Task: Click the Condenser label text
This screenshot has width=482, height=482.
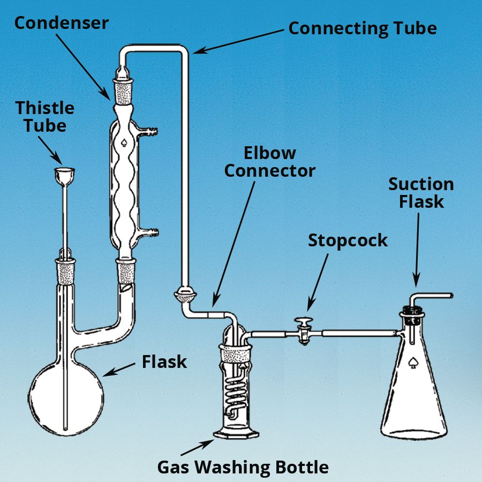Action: pyautogui.click(x=61, y=23)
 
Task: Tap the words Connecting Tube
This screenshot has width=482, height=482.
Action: pyautogui.click(x=363, y=28)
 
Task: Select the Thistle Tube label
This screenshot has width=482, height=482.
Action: pyautogui.click(x=45, y=117)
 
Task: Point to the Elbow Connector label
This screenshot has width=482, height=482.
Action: pyautogui.click(x=269, y=162)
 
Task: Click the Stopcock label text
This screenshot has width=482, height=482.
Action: pyautogui.click(x=348, y=240)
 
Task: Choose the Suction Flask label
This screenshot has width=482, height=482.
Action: pyautogui.click(x=421, y=193)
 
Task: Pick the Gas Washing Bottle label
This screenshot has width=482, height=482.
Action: pyautogui.click(x=243, y=467)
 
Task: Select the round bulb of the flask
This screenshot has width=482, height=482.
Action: pyautogui.click(x=66, y=396)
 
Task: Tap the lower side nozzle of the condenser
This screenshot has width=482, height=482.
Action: pyautogui.click(x=153, y=232)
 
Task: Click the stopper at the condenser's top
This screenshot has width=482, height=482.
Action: pyautogui.click(x=123, y=88)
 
